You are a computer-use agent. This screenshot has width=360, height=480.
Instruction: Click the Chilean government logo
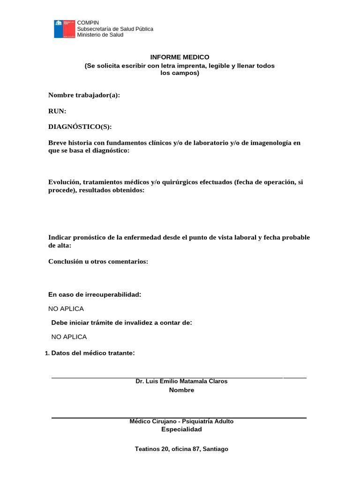(x=64, y=29)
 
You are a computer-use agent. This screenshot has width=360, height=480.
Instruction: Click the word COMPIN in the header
(x=88, y=23)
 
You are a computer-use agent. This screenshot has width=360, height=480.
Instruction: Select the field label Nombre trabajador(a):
(x=84, y=95)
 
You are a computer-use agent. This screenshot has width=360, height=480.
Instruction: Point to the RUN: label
(x=57, y=111)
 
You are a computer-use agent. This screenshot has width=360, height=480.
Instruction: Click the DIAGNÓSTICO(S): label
(x=80, y=127)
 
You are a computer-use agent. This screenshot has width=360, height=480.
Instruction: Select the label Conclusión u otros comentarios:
(x=98, y=262)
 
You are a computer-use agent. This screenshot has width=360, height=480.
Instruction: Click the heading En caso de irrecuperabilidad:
(x=95, y=294)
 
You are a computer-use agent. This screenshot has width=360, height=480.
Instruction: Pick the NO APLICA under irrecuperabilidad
(x=66, y=309)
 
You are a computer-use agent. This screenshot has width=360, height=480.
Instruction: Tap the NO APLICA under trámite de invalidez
(x=69, y=337)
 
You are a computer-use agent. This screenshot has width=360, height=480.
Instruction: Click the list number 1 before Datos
(x=46, y=353)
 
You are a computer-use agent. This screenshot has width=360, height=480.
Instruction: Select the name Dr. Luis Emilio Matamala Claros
(x=181, y=382)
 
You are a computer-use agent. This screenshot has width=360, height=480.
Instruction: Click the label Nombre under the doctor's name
(x=181, y=390)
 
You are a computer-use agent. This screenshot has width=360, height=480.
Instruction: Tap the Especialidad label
(x=181, y=430)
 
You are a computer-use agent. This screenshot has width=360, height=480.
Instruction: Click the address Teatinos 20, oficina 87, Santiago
(x=181, y=449)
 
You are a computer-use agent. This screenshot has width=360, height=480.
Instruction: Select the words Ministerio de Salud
(x=100, y=35)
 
